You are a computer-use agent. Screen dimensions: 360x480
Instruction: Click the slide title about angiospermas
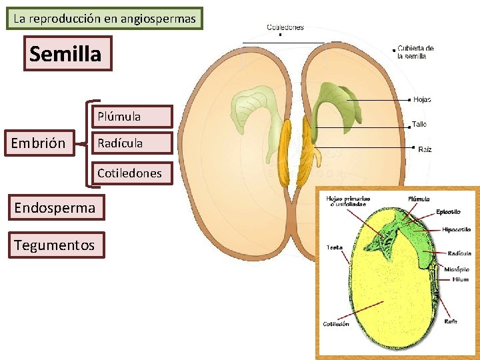[105, 19]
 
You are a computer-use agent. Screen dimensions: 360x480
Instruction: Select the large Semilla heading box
[65, 53]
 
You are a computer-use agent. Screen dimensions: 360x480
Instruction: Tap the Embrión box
[39, 143]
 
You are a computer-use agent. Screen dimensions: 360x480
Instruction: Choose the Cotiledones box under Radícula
[129, 173]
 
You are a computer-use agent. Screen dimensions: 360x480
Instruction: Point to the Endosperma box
[55, 208]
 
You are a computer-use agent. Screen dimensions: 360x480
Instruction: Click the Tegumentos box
[55, 245]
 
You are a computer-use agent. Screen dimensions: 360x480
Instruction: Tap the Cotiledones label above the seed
[285, 27]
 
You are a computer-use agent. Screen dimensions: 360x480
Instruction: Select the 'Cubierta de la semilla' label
[416, 52]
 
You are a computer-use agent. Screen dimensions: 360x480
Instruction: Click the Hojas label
[422, 100]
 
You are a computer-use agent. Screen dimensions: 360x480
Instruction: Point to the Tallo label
[419, 125]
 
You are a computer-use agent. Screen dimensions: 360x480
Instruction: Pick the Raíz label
[425, 149]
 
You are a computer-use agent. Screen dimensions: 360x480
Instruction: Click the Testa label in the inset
[334, 247]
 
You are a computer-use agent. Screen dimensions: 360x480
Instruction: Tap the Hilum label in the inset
[461, 279]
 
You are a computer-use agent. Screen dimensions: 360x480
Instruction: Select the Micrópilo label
[459, 270]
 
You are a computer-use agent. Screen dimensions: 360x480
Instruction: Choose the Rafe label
[451, 321]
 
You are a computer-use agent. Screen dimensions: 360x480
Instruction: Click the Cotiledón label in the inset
[336, 325]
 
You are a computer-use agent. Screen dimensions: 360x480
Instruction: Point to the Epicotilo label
[448, 212]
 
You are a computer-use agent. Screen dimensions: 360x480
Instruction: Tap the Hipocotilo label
[456, 229]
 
